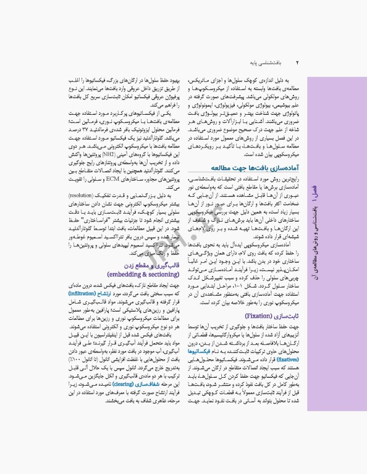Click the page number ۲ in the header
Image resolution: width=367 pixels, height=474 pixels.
pyautogui.click(x=297, y=63)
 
